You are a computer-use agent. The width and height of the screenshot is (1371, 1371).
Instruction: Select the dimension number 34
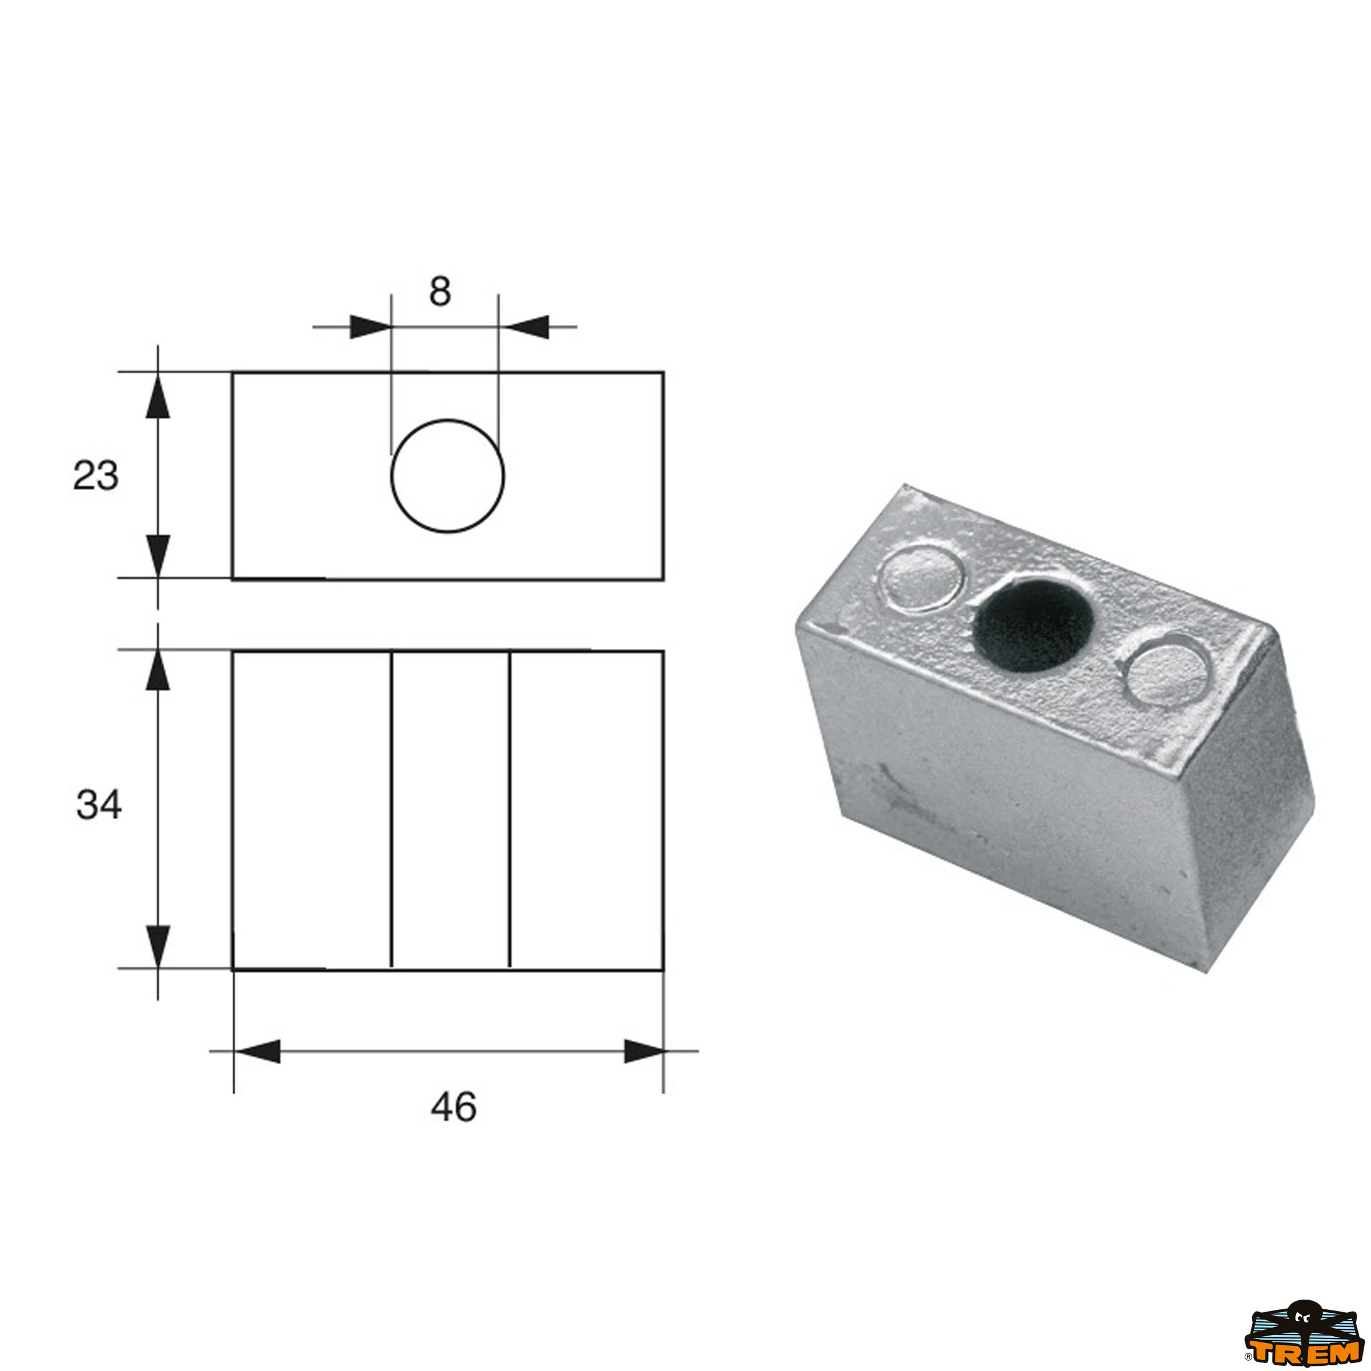pyautogui.click(x=99, y=805)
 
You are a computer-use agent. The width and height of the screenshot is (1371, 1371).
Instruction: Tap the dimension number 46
pyautogui.click(x=454, y=1107)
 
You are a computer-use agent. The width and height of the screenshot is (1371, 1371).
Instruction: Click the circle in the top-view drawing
pyautogui.click(x=448, y=475)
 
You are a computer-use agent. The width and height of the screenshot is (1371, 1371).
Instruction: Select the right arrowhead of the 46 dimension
pyautogui.click(x=643, y=1052)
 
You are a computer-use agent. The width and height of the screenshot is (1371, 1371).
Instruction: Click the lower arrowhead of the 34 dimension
pyautogui.click(x=158, y=947)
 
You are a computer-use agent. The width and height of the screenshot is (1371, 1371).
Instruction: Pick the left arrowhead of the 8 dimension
pyautogui.click(x=370, y=327)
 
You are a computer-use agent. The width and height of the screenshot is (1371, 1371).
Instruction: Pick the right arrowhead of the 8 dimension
pyautogui.click(x=528, y=327)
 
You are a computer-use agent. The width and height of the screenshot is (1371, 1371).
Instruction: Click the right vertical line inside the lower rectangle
pyautogui.click(x=510, y=809)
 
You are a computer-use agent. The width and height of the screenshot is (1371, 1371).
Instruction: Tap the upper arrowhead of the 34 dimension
pyautogui.click(x=158, y=670)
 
